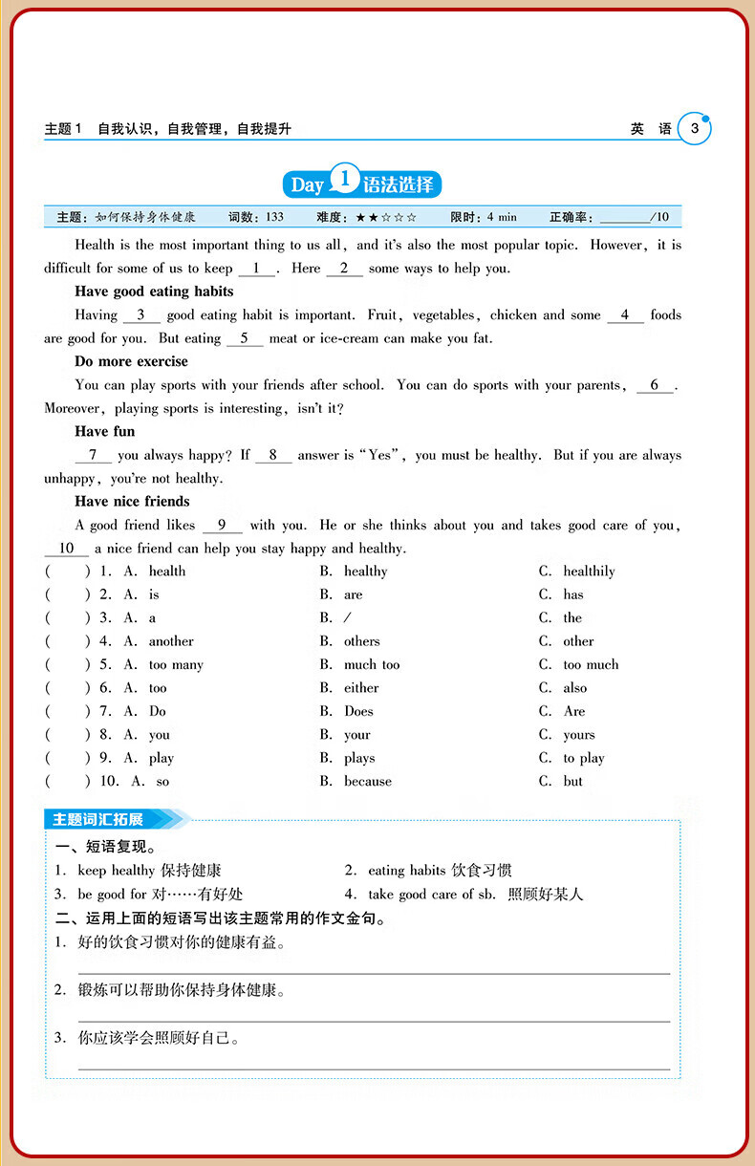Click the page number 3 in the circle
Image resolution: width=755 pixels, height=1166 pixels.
[x=695, y=129]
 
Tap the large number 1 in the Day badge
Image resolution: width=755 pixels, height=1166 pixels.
[x=344, y=181]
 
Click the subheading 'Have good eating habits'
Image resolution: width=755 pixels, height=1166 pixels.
[x=154, y=291]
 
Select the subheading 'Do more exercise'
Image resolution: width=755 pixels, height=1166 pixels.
[x=131, y=361]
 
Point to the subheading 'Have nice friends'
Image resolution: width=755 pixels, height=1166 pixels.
[x=132, y=502]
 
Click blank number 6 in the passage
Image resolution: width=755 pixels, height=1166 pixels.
[x=655, y=385]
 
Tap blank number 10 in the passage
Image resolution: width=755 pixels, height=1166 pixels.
[x=67, y=549]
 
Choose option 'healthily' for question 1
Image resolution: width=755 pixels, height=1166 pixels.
[x=589, y=572]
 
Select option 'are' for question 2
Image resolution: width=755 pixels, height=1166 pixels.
[x=354, y=594]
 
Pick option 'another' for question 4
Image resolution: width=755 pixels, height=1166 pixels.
[x=171, y=641]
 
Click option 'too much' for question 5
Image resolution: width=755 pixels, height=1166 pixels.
[x=591, y=665]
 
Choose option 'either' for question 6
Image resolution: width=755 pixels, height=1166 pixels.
[x=361, y=688]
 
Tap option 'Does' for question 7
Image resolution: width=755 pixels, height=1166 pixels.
[x=358, y=711]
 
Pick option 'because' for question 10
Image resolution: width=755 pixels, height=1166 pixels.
[x=368, y=782]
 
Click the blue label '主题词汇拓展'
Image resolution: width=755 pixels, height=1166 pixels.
[x=98, y=819]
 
